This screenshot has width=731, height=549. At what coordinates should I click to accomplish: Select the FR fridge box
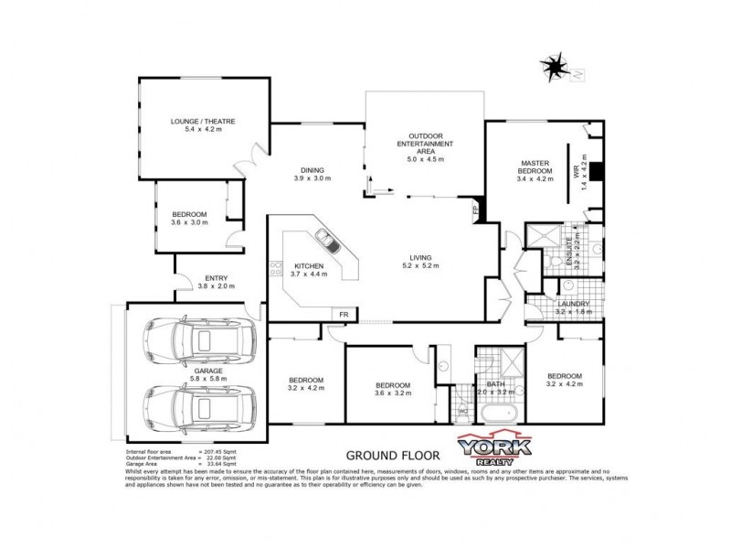pos(343,315)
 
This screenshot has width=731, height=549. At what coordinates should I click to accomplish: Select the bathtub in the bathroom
pos(500,413)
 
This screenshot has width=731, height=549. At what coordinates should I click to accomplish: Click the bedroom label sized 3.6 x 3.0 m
pos(189,218)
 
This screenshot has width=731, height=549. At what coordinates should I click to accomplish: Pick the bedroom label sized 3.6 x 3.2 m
pos(392,389)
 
